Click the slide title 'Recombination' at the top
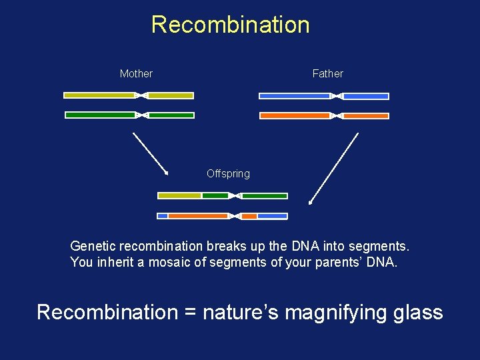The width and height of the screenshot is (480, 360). [230, 25]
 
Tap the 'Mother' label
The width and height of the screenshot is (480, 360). [136, 74]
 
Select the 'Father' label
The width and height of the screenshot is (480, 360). [327, 74]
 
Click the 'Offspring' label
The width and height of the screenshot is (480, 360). [228, 174]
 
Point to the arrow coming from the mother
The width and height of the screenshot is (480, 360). [150, 153]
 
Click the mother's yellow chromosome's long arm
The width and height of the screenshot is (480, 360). [99, 95]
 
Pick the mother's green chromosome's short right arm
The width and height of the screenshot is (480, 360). [171, 115]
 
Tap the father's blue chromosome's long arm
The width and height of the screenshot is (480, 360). [294, 96]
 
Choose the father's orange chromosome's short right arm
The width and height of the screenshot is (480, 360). [366, 116]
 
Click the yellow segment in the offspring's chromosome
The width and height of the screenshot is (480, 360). [179, 196]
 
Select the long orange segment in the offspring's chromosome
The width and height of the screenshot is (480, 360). [198, 216]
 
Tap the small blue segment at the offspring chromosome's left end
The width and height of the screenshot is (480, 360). [162, 216]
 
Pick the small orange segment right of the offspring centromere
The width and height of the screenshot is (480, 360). [249, 216]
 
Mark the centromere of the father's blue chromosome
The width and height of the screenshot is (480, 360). [337, 96]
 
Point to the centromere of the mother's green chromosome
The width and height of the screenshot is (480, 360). [142, 115]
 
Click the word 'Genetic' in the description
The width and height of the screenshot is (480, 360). [93, 246]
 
